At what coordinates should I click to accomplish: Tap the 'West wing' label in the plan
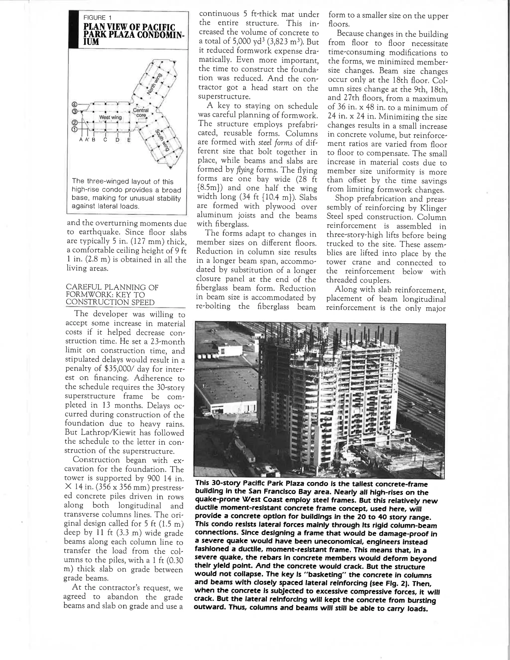pyautogui.click(x=110, y=117)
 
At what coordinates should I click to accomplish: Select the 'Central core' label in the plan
pyautogui.click(x=140, y=113)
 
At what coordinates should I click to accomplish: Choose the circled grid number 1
pyautogui.click(x=74, y=129)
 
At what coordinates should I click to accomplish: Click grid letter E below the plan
pyautogui.click(x=129, y=140)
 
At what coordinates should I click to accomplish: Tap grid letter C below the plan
pyautogui.click(x=105, y=140)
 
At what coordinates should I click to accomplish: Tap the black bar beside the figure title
pyautogui.click(x=72, y=29)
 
